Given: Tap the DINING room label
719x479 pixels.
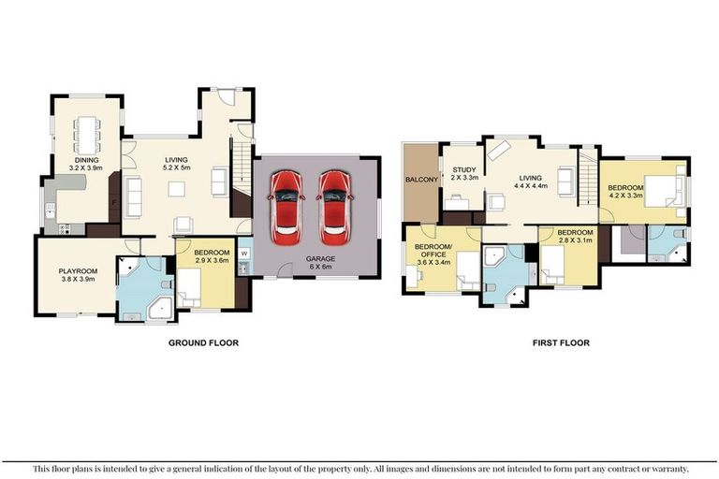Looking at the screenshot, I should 87,160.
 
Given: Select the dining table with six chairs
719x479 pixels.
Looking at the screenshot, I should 88,133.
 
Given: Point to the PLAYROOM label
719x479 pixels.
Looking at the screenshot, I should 78,270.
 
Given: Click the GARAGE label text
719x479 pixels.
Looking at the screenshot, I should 317,258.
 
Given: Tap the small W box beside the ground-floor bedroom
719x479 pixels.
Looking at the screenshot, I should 242,252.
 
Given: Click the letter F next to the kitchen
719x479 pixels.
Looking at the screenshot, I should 113,202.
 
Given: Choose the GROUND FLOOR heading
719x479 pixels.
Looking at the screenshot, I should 203,343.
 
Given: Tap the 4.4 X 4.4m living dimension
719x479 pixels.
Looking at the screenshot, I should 531,184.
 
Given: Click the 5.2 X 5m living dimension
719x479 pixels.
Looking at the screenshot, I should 177,168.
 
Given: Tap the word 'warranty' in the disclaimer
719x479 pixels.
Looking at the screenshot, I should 668,468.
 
